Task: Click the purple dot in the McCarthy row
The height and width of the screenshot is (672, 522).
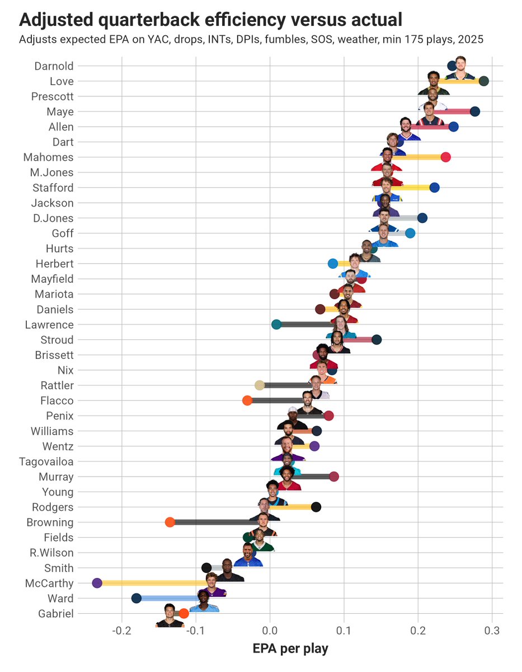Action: pos(97,583)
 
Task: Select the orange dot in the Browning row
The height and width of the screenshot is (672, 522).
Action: pos(170,522)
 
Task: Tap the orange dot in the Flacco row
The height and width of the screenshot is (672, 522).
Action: pos(247,400)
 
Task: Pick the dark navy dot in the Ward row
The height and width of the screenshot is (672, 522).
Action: pos(136,598)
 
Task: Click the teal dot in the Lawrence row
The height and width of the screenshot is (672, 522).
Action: pos(276,324)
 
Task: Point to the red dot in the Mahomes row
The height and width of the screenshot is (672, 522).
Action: pos(445,157)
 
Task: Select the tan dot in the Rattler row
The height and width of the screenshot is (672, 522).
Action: pos(260,385)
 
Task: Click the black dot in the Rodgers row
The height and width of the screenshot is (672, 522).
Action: pos(316,507)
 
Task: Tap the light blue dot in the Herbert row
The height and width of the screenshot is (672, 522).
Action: pos(333,263)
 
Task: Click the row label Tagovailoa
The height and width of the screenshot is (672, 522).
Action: pos(46,462)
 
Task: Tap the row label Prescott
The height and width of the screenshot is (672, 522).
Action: pos(52,96)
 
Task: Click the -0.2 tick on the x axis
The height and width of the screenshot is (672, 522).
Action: pos(121,632)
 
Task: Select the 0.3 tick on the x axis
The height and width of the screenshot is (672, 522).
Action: pos(492,632)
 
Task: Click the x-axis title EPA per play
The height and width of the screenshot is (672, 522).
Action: pos(290,650)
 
